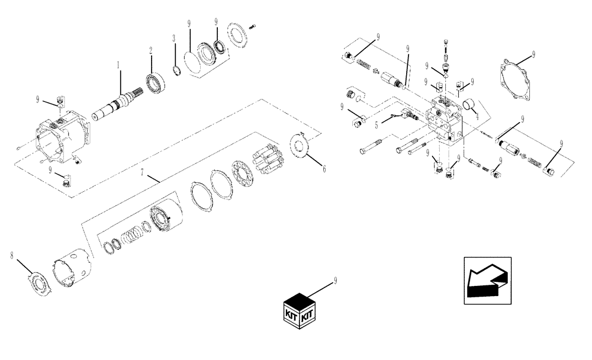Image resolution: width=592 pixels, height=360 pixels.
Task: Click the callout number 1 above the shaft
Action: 118,63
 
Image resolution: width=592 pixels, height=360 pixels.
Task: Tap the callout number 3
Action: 173,38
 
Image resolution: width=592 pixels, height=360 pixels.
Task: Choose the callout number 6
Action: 324,169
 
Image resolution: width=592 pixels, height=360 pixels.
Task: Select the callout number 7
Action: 141,172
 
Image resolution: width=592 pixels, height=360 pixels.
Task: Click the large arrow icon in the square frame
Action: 487,281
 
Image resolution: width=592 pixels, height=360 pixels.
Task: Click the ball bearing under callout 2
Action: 155,84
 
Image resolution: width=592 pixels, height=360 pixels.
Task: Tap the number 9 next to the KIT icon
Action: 336,279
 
